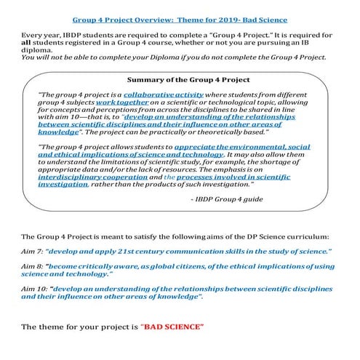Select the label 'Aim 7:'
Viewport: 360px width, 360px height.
33,251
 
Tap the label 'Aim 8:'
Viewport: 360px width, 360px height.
33,267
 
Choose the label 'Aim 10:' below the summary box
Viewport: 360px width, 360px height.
34,289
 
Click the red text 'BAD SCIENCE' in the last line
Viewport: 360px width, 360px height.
175,324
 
